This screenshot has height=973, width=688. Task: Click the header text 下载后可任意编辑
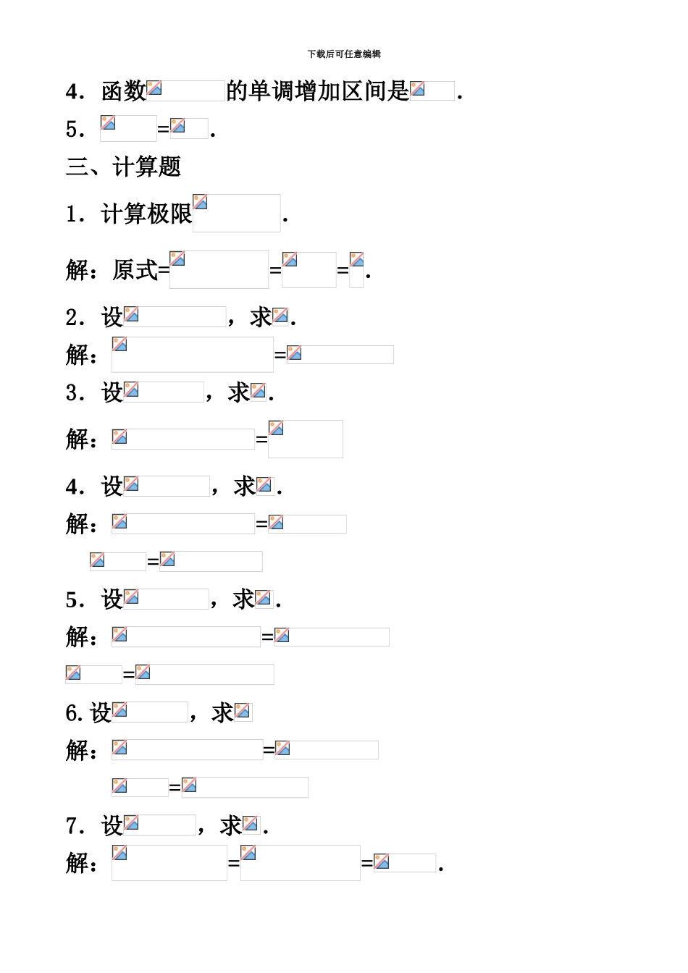tap(344, 54)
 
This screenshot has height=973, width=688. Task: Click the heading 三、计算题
tap(123, 167)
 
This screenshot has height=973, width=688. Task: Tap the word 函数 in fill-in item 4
tap(123, 91)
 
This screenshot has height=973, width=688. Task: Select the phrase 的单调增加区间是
tap(318, 91)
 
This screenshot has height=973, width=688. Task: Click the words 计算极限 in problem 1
tap(146, 214)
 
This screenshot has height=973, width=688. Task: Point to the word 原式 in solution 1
tap(135, 270)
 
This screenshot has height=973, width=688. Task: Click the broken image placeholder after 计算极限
tap(236, 213)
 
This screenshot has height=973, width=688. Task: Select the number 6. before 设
tap(74, 713)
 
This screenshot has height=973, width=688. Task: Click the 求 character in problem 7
tap(231, 826)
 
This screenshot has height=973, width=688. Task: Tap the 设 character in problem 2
tap(112, 316)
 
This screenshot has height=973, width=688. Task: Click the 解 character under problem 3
tap(77, 439)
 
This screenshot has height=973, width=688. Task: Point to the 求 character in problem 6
tap(222, 713)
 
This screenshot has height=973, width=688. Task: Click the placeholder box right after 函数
tap(185, 90)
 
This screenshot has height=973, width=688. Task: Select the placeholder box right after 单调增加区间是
tap(432, 90)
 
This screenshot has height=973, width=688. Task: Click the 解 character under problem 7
tap(77, 863)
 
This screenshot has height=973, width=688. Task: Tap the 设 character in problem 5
tap(112, 599)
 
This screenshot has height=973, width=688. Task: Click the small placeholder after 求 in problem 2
tap(280, 316)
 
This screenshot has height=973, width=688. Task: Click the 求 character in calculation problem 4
tap(245, 486)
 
